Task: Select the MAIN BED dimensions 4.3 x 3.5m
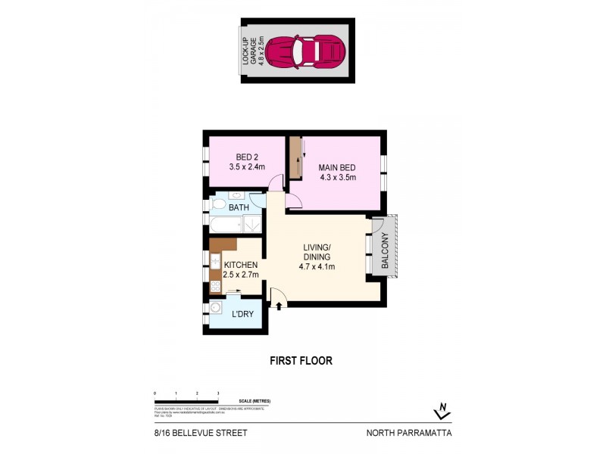click(x=338, y=179)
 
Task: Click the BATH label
click(x=239, y=207)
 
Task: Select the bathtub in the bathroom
click(x=224, y=225)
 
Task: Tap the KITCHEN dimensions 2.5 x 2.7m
click(x=241, y=274)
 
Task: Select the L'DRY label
click(x=242, y=313)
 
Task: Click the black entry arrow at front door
click(x=279, y=305)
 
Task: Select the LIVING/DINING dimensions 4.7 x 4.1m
click(x=317, y=266)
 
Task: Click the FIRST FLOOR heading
click(x=301, y=361)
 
